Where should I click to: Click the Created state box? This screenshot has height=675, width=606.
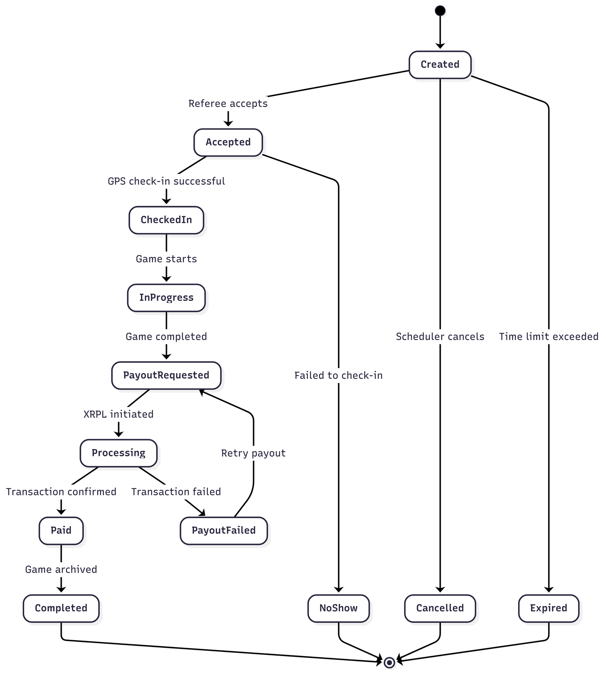440,65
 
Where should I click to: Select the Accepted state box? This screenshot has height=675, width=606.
228,142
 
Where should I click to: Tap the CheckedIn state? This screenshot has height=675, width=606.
166,220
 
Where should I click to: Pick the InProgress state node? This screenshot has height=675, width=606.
166,298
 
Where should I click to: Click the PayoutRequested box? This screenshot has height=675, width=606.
166,375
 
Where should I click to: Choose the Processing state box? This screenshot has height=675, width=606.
119,453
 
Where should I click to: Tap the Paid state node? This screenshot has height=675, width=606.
61,531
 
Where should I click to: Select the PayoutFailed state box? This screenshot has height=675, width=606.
223,531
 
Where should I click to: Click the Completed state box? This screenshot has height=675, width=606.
61,608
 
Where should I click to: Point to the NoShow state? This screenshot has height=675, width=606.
338,608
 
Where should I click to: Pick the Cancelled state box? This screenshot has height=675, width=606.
440,608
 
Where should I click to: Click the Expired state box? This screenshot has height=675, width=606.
548,608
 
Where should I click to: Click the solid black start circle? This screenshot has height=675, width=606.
440,11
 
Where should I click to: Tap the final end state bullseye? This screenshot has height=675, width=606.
389,662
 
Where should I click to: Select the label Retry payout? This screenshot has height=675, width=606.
253,453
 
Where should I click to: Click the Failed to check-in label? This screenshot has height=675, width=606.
338,375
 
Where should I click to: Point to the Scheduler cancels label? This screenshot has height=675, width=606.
440,336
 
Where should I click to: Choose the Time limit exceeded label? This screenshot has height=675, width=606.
548,336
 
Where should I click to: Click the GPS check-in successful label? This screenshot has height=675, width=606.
166,181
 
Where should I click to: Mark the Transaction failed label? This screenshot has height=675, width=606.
176,492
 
